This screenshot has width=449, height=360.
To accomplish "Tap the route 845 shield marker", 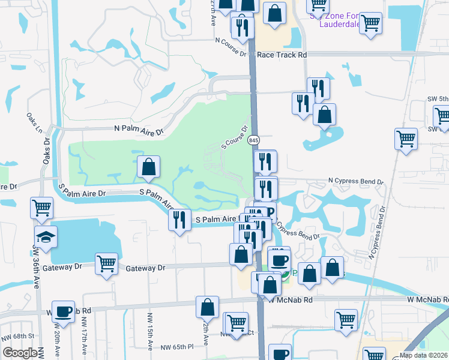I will pyautogui.click(x=255, y=140).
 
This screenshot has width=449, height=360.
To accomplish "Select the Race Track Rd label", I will pyautogui.click(x=282, y=55).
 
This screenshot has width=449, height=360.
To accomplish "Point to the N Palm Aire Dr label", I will pyautogui.click(x=139, y=130).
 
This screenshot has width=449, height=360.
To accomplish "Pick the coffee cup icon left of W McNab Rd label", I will pyautogui.click(x=63, y=311).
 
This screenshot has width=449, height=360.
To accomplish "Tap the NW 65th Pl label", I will pyautogui.click(x=178, y=347).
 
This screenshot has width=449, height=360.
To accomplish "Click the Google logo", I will pyautogui.click(x=19, y=353).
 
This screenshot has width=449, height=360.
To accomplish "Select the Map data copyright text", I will pyautogui.click(x=423, y=355).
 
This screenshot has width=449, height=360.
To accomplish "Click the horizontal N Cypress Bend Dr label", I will pyautogui.click(x=355, y=181).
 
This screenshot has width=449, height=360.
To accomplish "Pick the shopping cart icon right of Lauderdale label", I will pyautogui.click(x=371, y=23).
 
